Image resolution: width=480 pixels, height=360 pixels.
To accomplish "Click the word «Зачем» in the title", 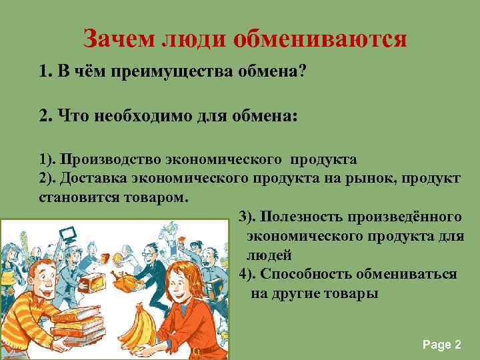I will (x=118, y=39).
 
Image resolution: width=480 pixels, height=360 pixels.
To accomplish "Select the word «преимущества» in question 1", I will (x=158, y=72).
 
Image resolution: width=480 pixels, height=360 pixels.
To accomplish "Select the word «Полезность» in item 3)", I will (x=295, y=217).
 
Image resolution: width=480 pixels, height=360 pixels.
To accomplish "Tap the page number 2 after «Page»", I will (x=457, y=345).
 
